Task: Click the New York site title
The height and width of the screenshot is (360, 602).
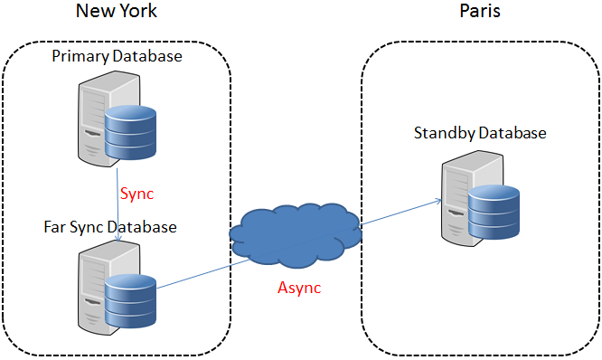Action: [x=117, y=12]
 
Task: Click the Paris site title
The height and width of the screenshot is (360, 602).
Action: [x=479, y=12]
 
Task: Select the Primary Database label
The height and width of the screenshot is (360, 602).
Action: [x=117, y=56]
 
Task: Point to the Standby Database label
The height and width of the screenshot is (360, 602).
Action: [x=480, y=133]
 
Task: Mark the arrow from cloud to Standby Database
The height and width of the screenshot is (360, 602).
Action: [x=402, y=211]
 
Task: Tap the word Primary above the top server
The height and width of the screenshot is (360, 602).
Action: [x=80, y=56]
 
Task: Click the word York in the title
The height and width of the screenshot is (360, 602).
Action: [x=138, y=12]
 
